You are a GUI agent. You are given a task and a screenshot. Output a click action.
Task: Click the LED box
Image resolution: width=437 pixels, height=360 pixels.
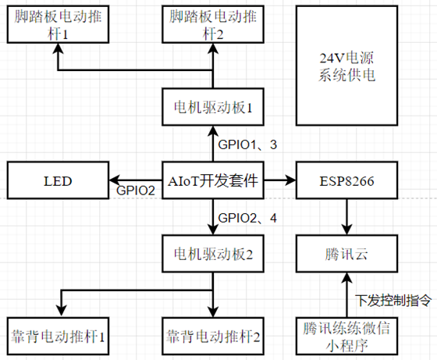58,180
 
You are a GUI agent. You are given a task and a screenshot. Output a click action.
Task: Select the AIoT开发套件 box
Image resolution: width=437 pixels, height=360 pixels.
213,180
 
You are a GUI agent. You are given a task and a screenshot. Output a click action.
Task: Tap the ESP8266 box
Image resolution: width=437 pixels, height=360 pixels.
346,180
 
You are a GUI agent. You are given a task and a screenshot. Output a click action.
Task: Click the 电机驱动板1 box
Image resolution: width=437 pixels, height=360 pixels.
213,107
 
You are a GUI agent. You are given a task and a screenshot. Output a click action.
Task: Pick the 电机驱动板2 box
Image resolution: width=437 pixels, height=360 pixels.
213,254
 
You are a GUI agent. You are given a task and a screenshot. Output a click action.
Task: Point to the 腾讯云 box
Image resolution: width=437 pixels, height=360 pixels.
346,254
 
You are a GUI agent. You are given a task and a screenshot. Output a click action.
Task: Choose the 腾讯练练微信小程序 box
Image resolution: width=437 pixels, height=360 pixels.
346,337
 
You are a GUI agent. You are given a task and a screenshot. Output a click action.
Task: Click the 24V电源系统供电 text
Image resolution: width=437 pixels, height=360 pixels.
346,66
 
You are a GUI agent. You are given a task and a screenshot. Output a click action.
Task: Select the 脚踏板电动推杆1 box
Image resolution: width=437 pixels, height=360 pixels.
58,24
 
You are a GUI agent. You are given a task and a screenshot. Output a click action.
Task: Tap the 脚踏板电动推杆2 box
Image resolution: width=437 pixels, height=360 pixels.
213,24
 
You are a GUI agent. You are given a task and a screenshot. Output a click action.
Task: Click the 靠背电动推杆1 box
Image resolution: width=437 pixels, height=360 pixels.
58,337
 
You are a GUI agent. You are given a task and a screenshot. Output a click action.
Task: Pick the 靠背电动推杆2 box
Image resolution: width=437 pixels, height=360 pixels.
213,337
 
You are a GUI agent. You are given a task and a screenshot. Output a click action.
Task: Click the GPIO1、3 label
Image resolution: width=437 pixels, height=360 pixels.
247,144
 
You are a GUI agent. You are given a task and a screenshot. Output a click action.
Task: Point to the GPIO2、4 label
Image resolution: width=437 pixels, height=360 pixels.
247,218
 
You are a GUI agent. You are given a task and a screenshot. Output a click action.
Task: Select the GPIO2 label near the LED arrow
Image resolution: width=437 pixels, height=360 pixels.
136,191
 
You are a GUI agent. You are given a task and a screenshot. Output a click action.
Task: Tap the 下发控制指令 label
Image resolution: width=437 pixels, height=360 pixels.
393,301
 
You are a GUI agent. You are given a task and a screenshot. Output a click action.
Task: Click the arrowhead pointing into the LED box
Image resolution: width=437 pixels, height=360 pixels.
113,180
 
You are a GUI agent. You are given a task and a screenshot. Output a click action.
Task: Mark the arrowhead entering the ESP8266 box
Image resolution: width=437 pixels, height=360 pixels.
291,180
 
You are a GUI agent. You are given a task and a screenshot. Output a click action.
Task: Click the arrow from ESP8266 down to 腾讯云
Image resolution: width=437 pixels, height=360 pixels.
346,217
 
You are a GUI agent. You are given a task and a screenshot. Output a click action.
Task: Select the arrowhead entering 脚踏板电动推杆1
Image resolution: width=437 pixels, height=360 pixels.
58,48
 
